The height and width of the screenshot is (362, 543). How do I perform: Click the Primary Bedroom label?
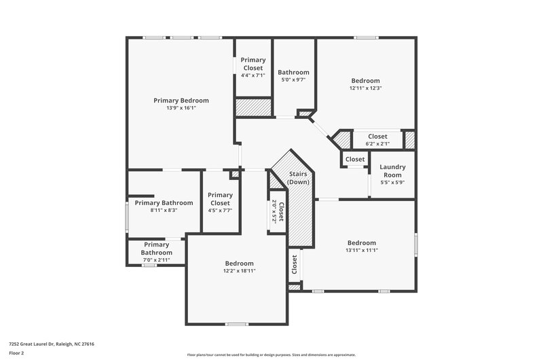pyautogui.click(x=181, y=101)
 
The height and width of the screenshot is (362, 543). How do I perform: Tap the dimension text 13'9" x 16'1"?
pyautogui.click(x=181, y=108)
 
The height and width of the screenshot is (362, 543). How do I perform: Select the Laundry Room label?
pyautogui.click(x=392, y=171)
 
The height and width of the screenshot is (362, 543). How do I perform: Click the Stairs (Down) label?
pyautogui.click(x=298, y=179)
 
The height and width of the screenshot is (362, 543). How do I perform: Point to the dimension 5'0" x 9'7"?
pyautogui.click(x=293, y=79)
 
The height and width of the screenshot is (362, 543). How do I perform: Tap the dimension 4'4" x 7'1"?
pyautogui.click(x=253, y=75)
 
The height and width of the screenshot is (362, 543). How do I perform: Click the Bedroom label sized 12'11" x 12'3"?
pyautogui.click(x=365, y=80)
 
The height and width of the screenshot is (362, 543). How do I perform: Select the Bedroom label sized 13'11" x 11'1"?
pyautogui.click(x=362, y=242)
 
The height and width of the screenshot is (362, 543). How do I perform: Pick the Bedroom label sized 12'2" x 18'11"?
pyautogui.click(x=239, y=264)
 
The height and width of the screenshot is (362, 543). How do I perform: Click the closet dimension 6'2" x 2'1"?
pyautogui.click(x=377, y=143)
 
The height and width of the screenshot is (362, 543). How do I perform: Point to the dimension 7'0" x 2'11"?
pyautogui.click(x=156, y=260)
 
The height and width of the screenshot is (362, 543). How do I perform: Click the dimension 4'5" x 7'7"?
pyautogui.click(x=220, y=211)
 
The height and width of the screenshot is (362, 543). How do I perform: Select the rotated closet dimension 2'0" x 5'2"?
pyautogui.click(x=274, y=212)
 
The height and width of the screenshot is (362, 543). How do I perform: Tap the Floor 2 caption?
pyautogui.click(x=16, y=354)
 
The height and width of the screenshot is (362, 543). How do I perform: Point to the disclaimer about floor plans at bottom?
pyautogui.click(x=271, y=355)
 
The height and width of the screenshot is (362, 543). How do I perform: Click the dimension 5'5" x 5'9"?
pyautogui.click(x=392, y=183)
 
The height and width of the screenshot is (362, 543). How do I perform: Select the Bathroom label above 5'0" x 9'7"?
pyautogui.click(x=293, y=72)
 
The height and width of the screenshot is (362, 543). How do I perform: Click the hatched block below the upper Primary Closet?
pyautogui.click(x=253, y=108)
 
